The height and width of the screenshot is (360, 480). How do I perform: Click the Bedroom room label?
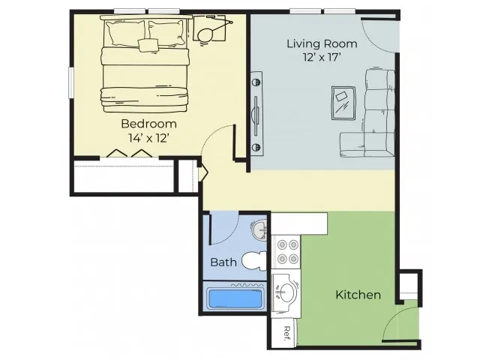[148, 124]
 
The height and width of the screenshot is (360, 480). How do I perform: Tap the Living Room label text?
[322, 43]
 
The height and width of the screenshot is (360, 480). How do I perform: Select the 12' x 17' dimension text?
[322, 57]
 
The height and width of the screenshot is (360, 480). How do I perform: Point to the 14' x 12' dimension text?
[148, 138]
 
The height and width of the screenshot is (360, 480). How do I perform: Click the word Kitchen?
[358, 295]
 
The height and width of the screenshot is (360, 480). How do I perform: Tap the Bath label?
[223, 262]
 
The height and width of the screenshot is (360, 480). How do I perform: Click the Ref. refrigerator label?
[286, 334]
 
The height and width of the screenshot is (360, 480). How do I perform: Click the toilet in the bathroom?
[254, 261]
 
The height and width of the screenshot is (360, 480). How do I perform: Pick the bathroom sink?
[259, 230]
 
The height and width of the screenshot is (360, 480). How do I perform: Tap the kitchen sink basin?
[286, 292]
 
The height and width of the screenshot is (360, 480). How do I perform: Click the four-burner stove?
[286, 252]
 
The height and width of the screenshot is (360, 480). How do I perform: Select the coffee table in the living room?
[343, 103]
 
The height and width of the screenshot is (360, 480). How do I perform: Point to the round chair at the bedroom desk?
[205, 35]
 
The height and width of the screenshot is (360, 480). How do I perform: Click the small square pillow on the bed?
[148, 45]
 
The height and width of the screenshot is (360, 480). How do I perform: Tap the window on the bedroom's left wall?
[70, 83]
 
